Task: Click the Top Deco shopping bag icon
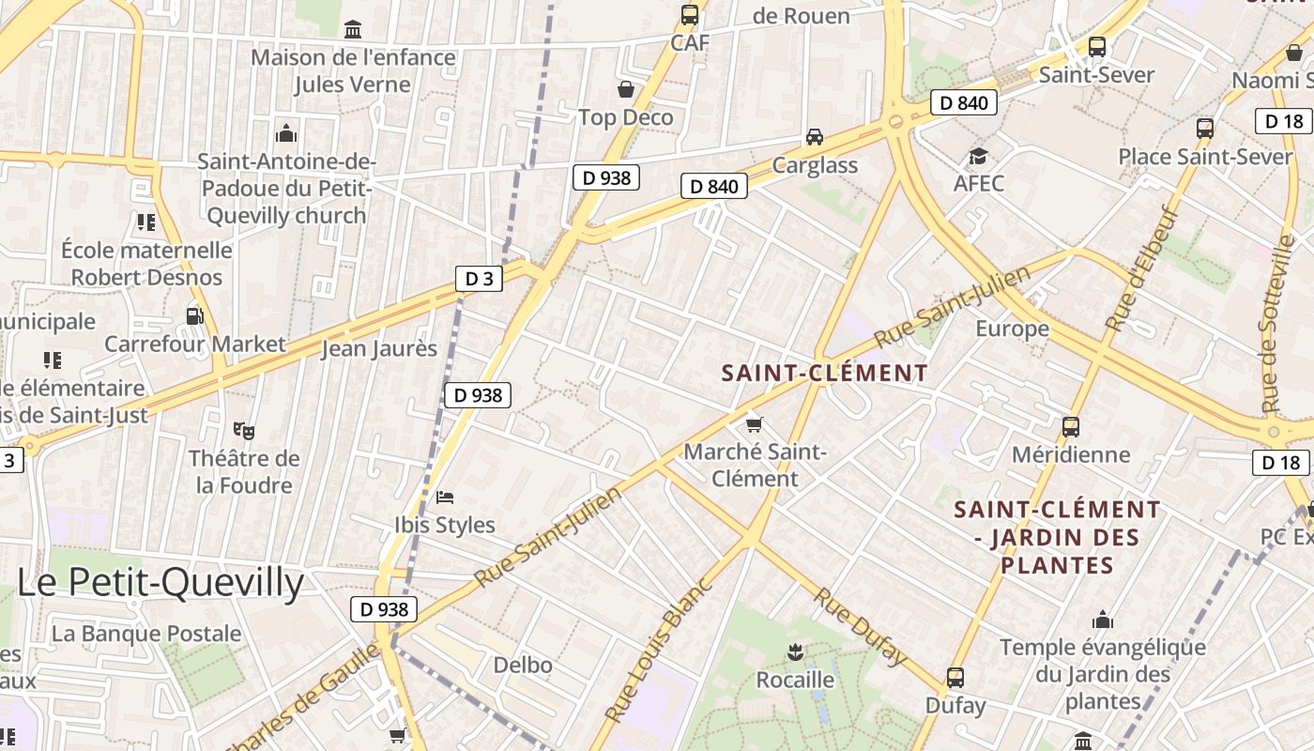626,89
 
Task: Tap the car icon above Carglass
815,137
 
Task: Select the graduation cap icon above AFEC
978,156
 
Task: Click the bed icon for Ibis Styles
445,496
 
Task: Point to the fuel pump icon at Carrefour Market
194,316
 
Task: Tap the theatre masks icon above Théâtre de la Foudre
244,430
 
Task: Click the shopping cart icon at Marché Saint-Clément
755,424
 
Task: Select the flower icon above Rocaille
795,651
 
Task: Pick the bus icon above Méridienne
1071,427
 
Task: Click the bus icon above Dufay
955,677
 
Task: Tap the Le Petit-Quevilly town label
160,583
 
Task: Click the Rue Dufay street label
861,625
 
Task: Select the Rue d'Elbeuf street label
1140,268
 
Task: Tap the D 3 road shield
479,278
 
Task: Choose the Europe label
1012,329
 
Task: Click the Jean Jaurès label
379,349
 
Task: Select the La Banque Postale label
146,634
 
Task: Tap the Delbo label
523,666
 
